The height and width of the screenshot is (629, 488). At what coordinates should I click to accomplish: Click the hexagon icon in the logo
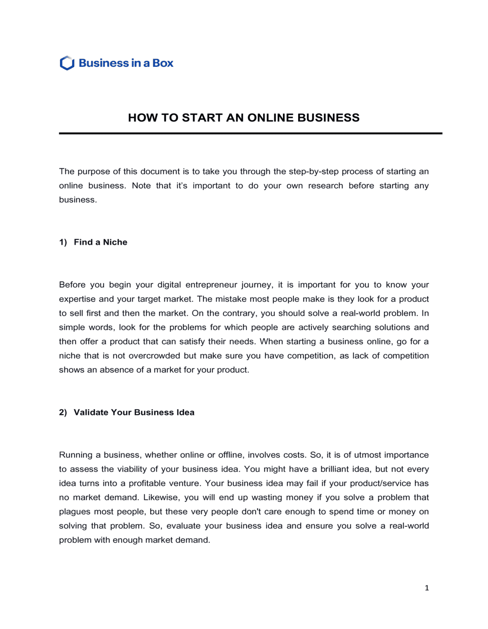click(x=67, y=63)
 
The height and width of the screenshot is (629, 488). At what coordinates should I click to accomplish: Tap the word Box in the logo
click(x=163, y=63)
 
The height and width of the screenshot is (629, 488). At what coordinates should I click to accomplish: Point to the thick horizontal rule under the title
click(x=250, y=133)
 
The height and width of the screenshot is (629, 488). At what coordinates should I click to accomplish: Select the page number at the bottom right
click(x=427, y=588)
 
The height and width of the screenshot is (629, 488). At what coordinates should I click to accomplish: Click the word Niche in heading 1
click(x=115, y=242)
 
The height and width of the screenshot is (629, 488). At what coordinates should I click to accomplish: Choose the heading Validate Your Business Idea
click(x=134, y=413)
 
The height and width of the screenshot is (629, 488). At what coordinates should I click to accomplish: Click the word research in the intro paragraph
click(x=325, y=186)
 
